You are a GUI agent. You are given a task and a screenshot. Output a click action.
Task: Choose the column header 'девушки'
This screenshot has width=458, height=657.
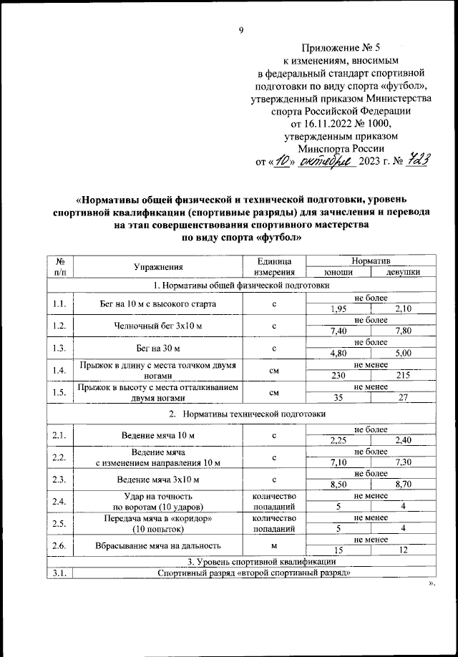(x=401, y=272)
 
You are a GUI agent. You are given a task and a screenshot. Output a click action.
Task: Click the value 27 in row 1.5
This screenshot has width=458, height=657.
(x=401, y=398)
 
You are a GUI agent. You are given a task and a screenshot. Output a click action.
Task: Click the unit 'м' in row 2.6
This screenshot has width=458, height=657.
(x=274, y=545)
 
